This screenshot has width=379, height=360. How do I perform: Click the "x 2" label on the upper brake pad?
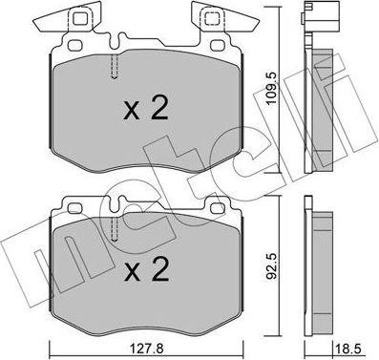coord(146,110)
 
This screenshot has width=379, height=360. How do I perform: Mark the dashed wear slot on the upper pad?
coord(115,66)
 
